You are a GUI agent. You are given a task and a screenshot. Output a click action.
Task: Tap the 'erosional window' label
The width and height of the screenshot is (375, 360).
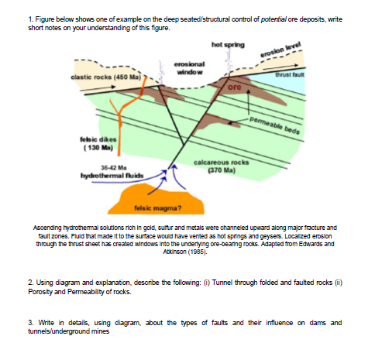tap(188, 67)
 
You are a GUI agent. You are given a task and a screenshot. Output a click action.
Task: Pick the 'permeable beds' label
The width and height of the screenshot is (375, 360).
tap(276, 125)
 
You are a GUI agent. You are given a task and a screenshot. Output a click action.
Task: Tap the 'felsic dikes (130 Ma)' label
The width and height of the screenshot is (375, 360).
tap(94, 142)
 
